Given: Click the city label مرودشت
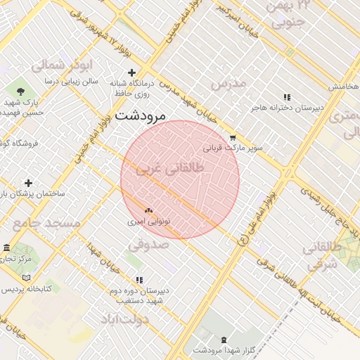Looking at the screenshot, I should (x=139, y=115).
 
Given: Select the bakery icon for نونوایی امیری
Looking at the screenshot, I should (x=148, y=210).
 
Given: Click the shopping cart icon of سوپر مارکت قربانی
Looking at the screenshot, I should (x=233, y=138).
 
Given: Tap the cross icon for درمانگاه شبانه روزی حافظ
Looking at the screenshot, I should (x=131, y=72).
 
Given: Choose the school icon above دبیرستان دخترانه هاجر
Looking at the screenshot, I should (x=286, y=97).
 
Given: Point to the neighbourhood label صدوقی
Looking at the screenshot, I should (x=148, y=245).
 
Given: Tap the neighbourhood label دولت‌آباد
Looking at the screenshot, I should (x=125, y=320).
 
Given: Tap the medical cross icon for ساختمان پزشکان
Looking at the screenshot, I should (x=29, y=183).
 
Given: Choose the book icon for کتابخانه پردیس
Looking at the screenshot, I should (x=6, y=288).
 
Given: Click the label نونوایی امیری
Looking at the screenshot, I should (x=147, y=221).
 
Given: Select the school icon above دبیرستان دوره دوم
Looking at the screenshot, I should (x=139, y=280).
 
